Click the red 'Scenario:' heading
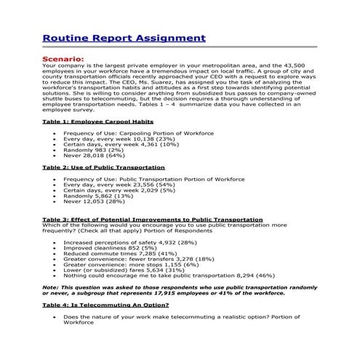point(63,58)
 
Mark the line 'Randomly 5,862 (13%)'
point(98,196)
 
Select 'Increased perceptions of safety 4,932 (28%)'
point(129,241)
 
